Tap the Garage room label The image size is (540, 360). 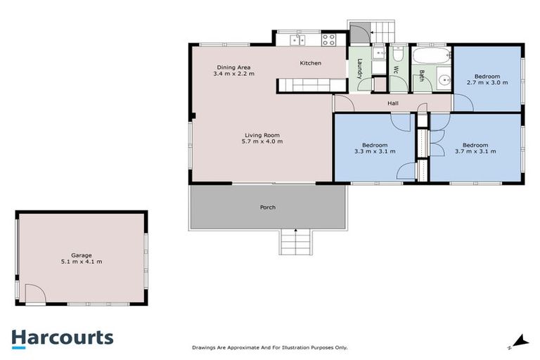click(x=81, y=255)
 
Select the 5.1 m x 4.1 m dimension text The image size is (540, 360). click(x=81, y=262)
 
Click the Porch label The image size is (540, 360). click(x=267, y=207)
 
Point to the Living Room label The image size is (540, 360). click(x=262, y=135)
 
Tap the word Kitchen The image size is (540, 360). click(x=310, y=63)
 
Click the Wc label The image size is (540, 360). click(x=396, y=70)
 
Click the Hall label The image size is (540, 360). click(x=393, y=104)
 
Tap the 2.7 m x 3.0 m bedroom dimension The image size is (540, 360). click(x=487, y=82)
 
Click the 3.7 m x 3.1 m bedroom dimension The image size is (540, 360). click(x=475, y=150)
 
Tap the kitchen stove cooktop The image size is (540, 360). click(x=328, y=39)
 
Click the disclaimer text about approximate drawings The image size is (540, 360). click(x=270, y=347)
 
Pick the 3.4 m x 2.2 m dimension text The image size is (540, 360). click(x=233, y=73)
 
